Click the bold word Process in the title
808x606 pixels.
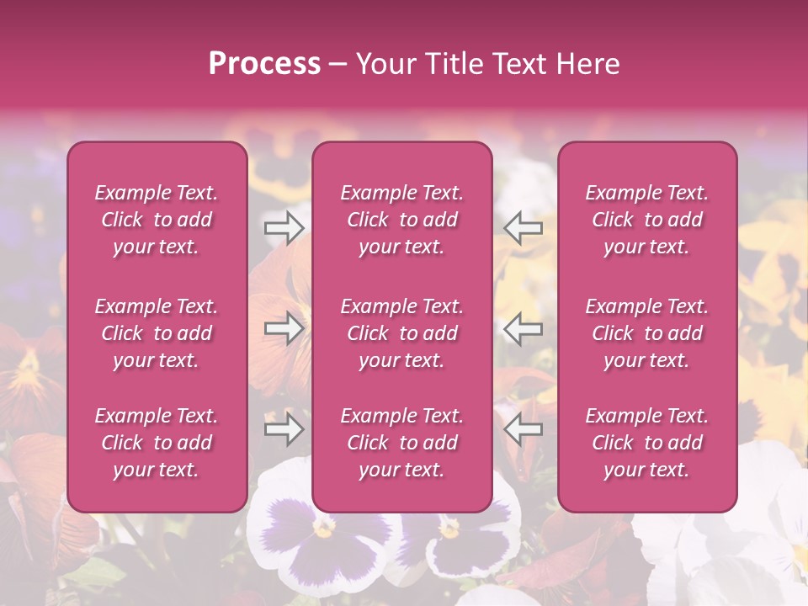[264, 63]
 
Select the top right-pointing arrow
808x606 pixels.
[284, 226]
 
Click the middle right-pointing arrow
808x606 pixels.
[284, 328]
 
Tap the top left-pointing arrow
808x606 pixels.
[523, 226]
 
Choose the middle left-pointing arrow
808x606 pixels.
[523, 328]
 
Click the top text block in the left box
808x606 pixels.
[157, 220]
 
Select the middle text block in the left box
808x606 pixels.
[157, 333]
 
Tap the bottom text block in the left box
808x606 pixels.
[157, 443]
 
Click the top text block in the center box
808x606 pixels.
[402, 220]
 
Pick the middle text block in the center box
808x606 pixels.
[402, 333]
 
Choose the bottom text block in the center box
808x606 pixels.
[402, 443]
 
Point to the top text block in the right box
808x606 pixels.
[647, 220]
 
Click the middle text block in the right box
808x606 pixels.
[647, 333]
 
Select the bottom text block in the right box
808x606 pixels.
[647, 443]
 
